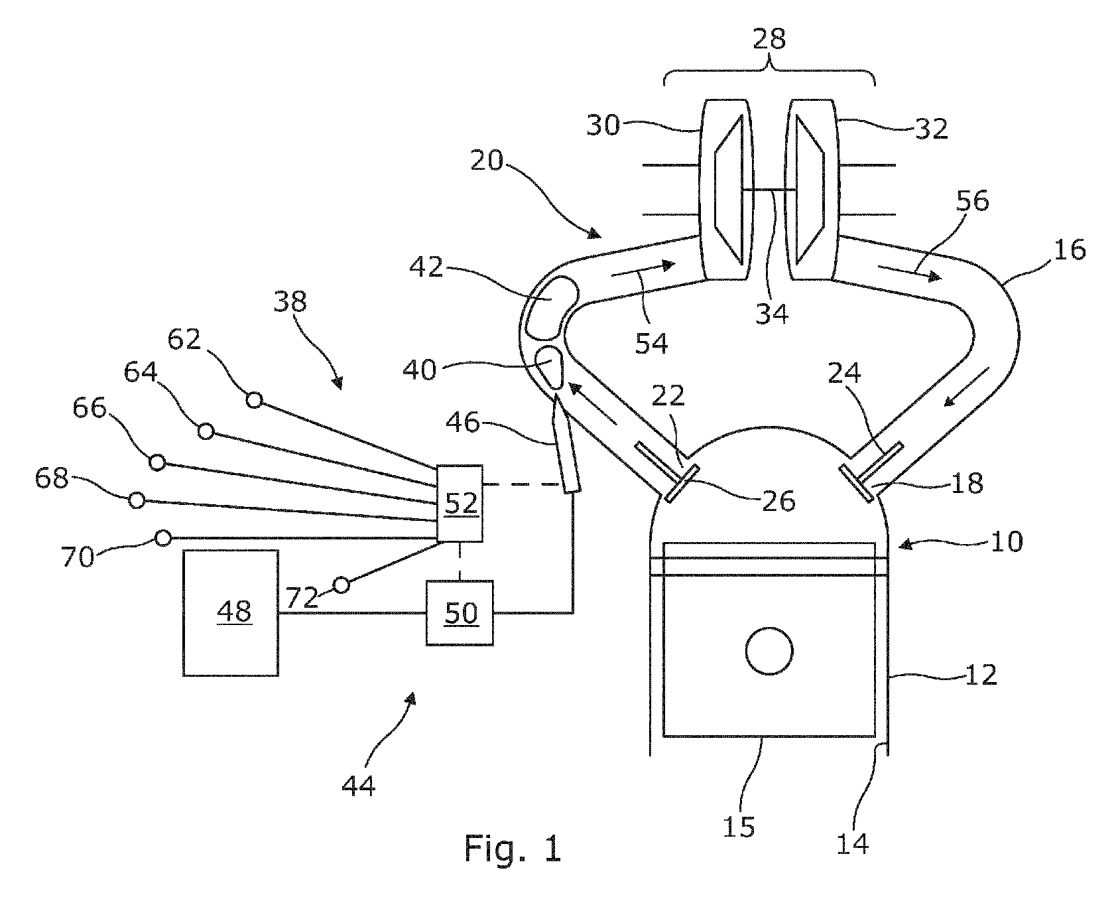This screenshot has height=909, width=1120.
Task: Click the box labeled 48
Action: (230, 612)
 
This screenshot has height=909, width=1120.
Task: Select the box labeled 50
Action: (460, 612)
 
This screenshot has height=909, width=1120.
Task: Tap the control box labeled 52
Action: (460, 503)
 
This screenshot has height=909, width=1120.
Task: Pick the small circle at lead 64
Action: (206, 432)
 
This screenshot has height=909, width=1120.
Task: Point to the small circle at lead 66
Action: (157, 462)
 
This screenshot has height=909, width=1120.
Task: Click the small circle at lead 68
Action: (137, 500)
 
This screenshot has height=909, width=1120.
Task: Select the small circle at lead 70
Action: (162, 537)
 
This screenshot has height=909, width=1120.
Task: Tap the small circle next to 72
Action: (341, 585)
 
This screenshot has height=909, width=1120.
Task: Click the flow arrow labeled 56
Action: (908, 272)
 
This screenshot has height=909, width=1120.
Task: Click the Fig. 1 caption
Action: (512, 847)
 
